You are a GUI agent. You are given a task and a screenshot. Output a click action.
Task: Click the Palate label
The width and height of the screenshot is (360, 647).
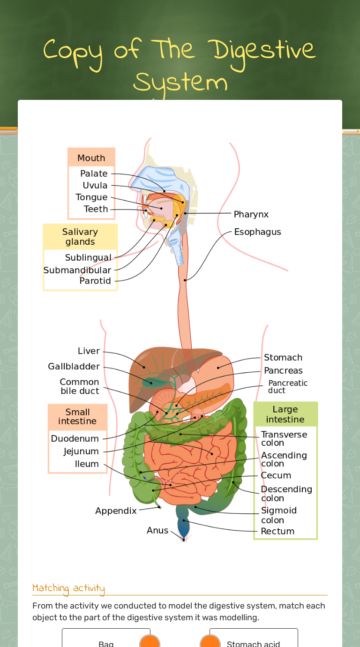[x=94, y=173]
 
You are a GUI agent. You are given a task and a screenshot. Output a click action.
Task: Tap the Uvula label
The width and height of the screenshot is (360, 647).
[x=95, y=186]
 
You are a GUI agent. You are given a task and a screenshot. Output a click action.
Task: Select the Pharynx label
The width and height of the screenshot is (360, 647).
[x=251, y=214]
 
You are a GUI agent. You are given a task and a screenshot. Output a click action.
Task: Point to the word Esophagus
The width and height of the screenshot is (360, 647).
[x=257, y=232]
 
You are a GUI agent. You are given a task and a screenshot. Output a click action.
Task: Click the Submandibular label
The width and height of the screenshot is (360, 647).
[x=77, y=270]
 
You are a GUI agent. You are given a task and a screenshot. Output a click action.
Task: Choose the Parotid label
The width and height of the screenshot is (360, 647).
[x=95, y=281]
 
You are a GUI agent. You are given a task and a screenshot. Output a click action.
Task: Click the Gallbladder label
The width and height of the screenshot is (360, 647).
[x=74, y=366]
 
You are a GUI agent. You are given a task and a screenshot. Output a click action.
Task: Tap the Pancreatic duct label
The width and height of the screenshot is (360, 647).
[x=287, y=387]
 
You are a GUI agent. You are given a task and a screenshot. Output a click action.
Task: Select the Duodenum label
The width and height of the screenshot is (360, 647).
[x=75, y=438]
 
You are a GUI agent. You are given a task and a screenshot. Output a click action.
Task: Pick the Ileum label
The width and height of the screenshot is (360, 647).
[x=87, y=464]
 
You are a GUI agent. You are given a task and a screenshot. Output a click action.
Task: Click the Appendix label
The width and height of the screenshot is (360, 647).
[x=116, y=511]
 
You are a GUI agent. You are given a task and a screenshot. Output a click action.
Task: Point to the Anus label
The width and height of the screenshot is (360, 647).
[x=157, y=530]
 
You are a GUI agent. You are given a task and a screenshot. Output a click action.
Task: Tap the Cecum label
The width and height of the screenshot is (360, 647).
[x=276, y=475]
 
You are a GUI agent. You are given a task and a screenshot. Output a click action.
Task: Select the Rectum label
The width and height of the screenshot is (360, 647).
[x=277, y=531]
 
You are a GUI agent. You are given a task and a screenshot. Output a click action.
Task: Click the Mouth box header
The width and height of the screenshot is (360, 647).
[x=91, y=158]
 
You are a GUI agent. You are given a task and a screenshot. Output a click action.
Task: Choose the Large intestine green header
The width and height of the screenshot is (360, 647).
[x=285, y=414]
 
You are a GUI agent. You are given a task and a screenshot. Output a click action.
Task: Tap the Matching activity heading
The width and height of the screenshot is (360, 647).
[x=68, y=588]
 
